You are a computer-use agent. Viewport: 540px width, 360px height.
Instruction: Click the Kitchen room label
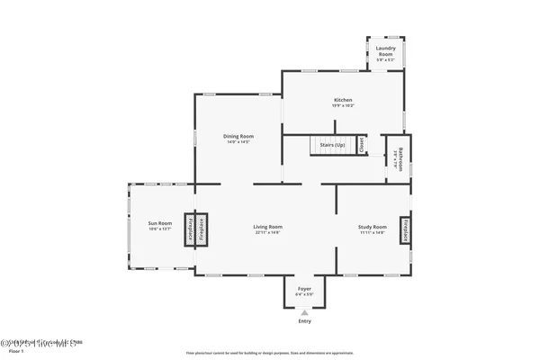point(342,100)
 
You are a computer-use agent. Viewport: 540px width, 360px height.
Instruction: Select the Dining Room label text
point(238,136)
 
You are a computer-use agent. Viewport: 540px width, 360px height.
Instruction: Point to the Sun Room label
point(158,223)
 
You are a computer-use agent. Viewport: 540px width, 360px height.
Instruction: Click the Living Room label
point(268,227)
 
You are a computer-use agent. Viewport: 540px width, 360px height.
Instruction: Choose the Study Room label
point(373,227)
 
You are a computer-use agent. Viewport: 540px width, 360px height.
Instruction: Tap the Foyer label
point(304,289)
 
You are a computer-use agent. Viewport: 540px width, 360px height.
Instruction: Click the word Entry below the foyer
point(304,321)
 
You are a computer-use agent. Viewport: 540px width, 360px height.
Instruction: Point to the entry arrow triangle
point(304,311)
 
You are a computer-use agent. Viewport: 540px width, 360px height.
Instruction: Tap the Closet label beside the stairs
point(361,145)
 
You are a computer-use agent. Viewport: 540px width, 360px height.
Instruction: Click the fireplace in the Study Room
point(406,230)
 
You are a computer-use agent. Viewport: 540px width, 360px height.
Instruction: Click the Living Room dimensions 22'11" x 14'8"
point(268,233)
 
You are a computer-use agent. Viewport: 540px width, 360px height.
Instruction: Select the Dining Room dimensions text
point(238,142)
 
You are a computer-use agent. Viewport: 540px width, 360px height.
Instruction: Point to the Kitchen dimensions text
point(342,106)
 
